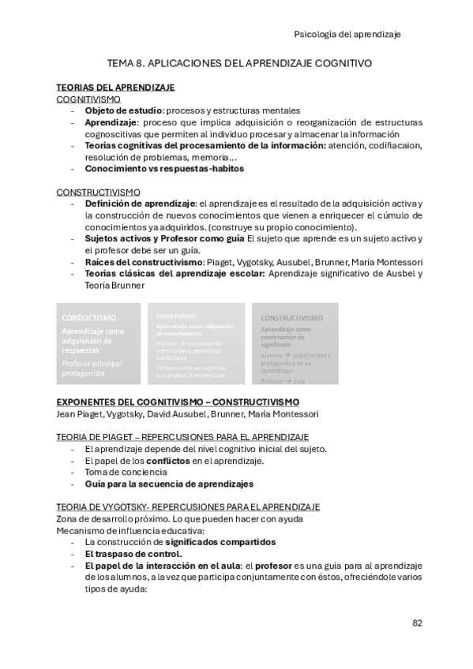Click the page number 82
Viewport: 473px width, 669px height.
tap(417, 622)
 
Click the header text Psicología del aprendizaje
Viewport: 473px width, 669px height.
tap(347, 34)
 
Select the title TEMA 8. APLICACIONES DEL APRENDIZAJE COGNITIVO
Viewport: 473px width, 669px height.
tap(239, 62)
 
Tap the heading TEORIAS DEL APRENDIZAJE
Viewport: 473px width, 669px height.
tap(115, 88)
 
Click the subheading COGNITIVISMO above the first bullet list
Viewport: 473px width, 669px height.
tap(88, 99)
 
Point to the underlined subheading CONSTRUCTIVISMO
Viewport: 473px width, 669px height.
tap(98, 192)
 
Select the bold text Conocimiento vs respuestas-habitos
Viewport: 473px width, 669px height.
tap(164, 168)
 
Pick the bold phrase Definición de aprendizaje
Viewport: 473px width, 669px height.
tap(139, 204)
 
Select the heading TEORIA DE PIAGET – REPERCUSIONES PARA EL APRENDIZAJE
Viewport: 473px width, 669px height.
tap(182, 437)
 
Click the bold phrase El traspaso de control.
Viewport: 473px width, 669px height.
tap(130, 554)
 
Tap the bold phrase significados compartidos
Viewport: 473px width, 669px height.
tap(220, 542)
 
